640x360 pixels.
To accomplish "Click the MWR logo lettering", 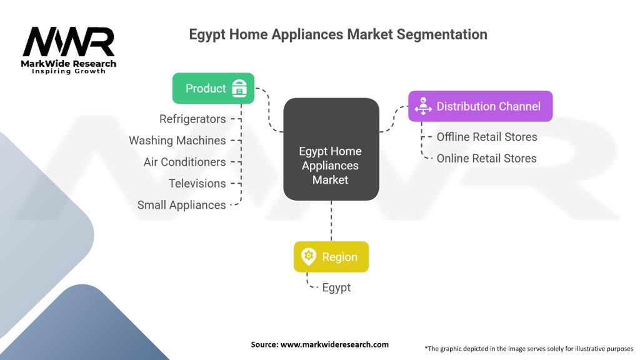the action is tap(69, 42).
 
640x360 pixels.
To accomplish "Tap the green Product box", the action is tap(213, 88).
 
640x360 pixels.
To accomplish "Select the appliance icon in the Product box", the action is tap(239, 88).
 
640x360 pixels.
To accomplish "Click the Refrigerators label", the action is tap(192, 119).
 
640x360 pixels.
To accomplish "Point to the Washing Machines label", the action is tap(177, 141).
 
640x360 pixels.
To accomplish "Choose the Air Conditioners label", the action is tap(184, 162).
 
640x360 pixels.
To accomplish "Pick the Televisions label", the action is tap(197, 184).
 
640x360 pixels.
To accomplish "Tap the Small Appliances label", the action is tap(181, 205).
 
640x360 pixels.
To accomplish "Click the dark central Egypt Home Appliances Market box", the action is tap(331, 149).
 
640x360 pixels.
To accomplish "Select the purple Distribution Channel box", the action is tap(481, 106).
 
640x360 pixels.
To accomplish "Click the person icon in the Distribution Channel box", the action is tap(423, 106).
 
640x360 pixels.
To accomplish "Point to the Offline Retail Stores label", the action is tap(487, 137).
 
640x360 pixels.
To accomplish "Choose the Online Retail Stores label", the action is tap(486, 158).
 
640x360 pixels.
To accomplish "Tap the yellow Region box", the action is tap(331, 257).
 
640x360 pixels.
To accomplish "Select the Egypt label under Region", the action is tap(336, 287).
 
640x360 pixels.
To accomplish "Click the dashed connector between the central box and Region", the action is tap(331, 221).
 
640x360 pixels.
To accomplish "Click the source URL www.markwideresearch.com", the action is tap(334, 344).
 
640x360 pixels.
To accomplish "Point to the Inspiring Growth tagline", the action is tap(69, 71).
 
